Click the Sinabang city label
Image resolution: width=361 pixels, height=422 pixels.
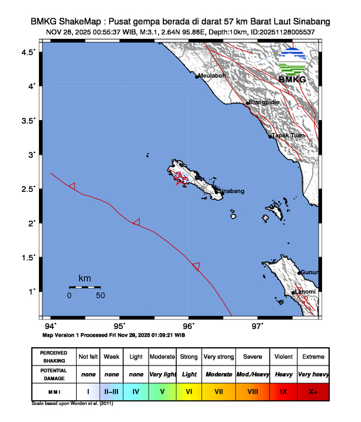coord(232,191)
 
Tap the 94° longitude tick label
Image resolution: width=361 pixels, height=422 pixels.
coord(51,326)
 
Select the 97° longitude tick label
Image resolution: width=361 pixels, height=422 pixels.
coord(258,326)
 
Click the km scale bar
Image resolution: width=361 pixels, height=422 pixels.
coord(84,287)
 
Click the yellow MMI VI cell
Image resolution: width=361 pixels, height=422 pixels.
coord(189,391)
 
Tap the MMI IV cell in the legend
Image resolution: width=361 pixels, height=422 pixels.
coord(136,391)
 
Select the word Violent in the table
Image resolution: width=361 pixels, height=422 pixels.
coord(283,357)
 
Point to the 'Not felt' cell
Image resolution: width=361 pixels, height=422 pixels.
coord(88,357)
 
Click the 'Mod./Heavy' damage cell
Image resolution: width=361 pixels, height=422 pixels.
coord(252,374)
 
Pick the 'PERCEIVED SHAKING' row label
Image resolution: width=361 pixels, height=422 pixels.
coord(54,357)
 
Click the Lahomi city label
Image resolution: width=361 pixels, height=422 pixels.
coord(306,293)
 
